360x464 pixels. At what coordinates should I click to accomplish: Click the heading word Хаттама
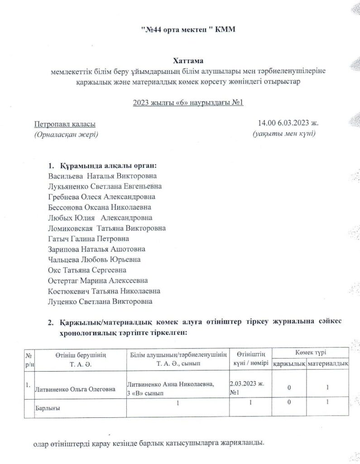point(188,60)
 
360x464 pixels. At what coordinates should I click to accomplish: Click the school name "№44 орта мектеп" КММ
point(188,30)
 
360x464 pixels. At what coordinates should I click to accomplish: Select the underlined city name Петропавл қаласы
point(65,124)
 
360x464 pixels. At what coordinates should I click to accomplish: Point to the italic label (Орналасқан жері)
point(66,135)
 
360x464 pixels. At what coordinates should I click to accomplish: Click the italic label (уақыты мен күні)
point(284,134)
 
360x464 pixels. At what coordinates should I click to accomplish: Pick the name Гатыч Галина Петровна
point(88,238)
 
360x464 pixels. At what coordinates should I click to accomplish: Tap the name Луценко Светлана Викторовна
point(100,301)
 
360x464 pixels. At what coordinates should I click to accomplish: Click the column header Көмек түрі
point(311,353)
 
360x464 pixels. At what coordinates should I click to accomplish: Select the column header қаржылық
point(289,363)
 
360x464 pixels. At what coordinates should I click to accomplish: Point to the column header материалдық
point(327,363)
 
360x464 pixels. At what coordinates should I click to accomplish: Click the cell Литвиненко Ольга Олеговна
point(75,388)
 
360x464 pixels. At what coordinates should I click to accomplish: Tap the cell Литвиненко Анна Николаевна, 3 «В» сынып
point(173,388)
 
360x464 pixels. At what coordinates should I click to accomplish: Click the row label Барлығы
point(48,408)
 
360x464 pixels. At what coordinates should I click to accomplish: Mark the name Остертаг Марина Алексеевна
point(97,280)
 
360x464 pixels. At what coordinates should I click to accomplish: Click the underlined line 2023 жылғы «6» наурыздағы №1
point(188,102)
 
